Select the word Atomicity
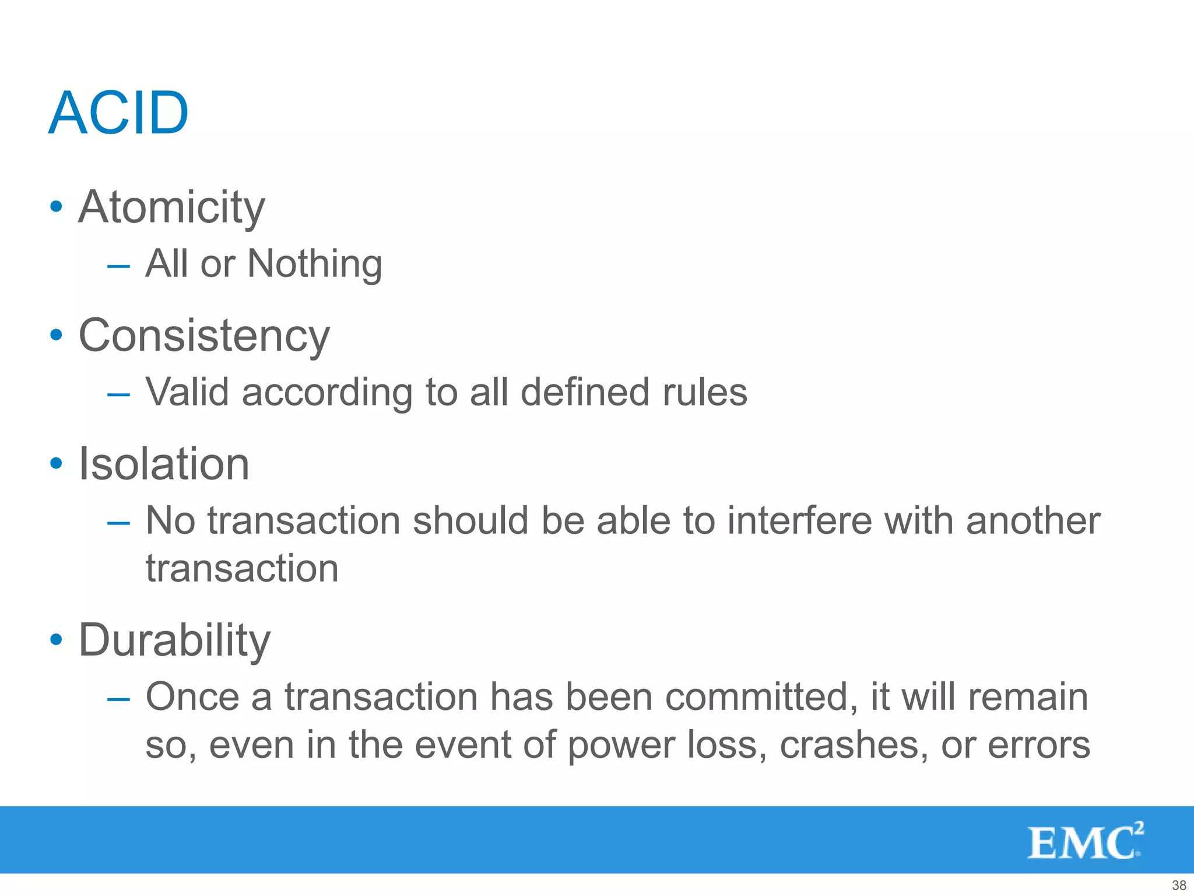tap(171, 207)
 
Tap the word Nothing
tap(314, 264)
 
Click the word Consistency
tap(204, 335)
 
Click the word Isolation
tap(164, 464)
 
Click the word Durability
tap(174, 640)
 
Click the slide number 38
tap(1179, 885)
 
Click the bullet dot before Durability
tap(56, 639)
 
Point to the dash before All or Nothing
tap(118, 266)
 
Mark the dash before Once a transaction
tap(118, 699)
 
